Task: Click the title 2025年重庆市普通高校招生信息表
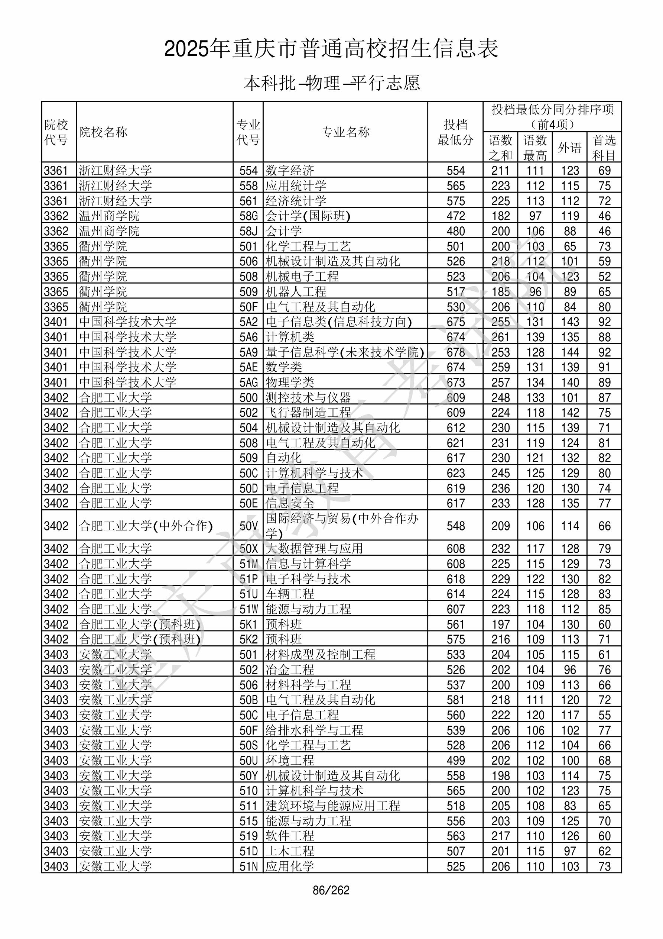[331, 49]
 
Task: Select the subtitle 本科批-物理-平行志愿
[331, 83]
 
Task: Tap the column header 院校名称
[103, 132]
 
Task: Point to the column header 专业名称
[345, 132]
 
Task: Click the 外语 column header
[570, 148]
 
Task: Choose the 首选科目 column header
[604, 148]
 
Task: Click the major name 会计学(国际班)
[308, 216]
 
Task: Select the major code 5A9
[248, 352]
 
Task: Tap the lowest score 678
[456, 352]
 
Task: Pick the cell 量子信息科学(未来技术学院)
[345, 352]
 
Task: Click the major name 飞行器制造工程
[308, 413]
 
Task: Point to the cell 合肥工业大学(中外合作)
[146, 526]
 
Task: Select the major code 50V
[248, 526]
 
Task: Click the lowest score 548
[456, 526]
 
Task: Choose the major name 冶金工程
[290, 670]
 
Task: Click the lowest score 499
[456, 761]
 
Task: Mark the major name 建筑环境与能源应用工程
[333, 806]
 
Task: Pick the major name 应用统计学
[296, 185]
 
